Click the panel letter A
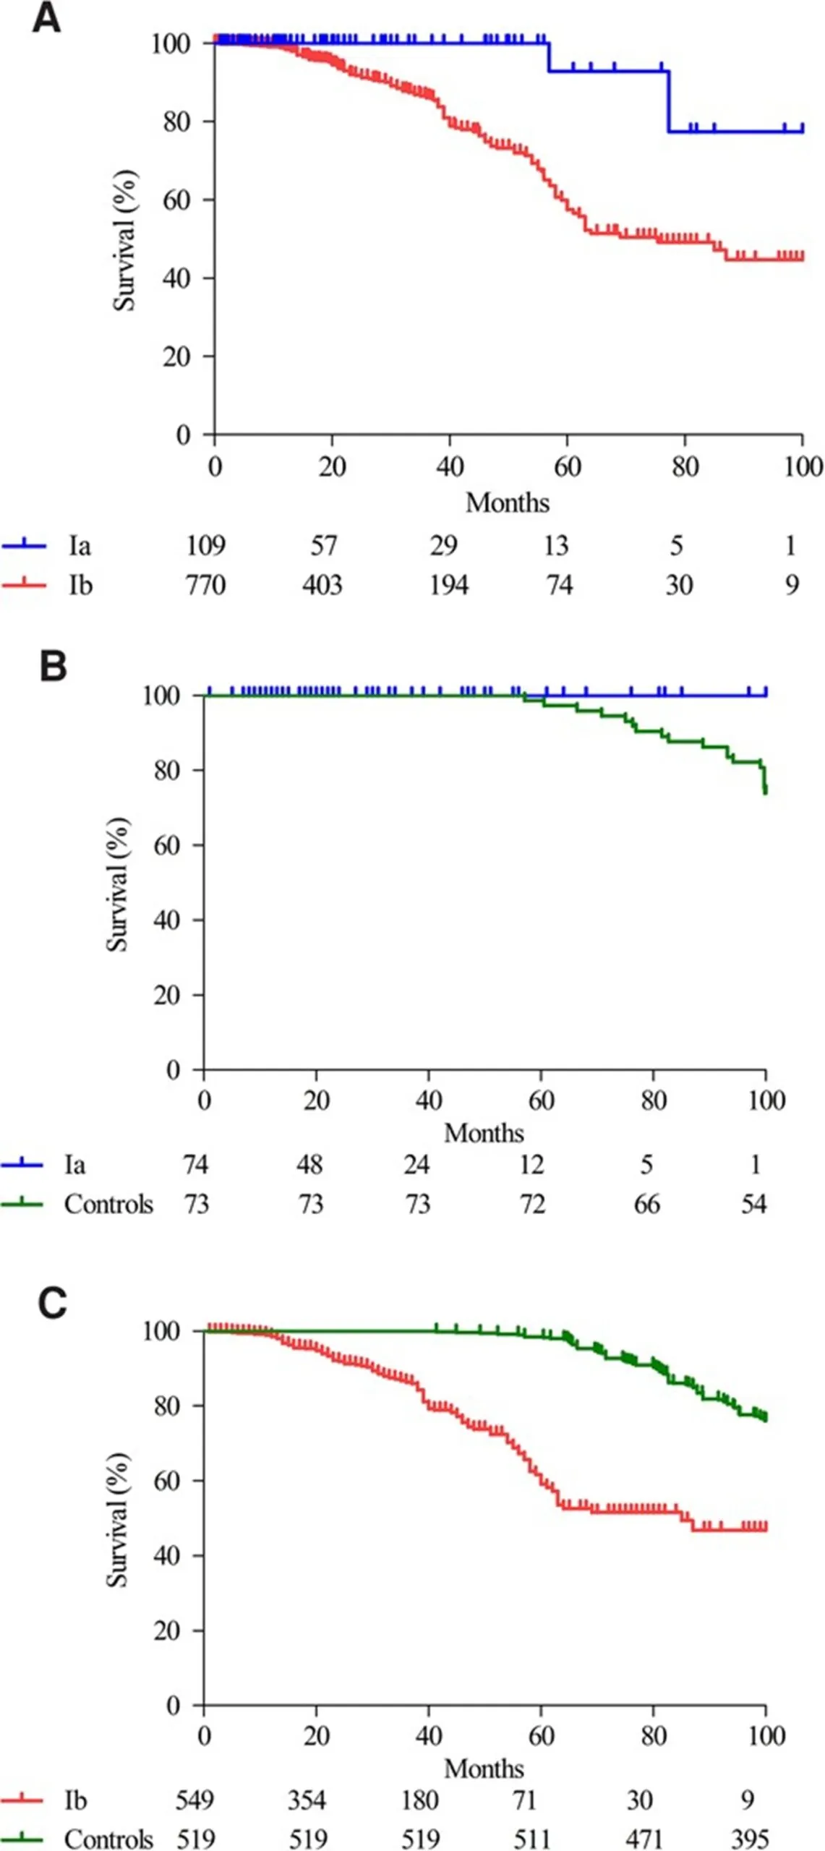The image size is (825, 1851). point(46,17)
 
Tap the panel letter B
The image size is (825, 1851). point(53,666)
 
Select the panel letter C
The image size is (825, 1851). point(52,1304)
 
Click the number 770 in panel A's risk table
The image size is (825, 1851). point(206,584)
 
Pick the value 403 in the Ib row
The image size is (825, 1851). point(322,584)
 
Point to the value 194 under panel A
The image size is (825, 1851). point(449,584)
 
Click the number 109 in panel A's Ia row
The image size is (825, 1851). point(206,545)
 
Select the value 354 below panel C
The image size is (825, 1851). point(307,1800)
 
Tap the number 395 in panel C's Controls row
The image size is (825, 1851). point(749,1838)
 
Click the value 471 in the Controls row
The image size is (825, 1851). point(644,1838)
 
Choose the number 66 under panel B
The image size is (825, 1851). point(646,1204)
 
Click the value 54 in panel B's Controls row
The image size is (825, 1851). point(753,1204)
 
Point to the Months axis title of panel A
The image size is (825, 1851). point(508,503)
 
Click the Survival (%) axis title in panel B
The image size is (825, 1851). point(117,884)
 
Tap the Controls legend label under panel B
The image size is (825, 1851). point(108,1204)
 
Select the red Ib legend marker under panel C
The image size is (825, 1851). point(22,1800)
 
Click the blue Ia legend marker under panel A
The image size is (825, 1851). point(24,545)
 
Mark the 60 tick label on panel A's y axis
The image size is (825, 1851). point(176,200)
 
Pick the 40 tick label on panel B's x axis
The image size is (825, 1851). point(429,1100)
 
